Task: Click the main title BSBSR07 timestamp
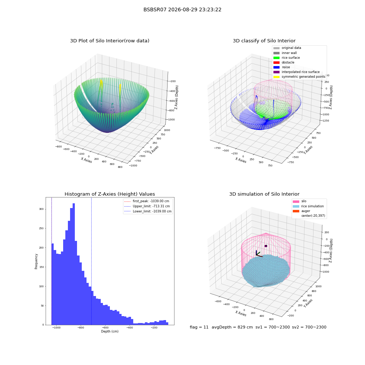182,9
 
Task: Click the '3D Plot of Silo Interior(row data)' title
109,41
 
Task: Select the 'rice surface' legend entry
287,58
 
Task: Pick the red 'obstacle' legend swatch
276,62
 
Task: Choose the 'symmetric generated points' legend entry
299,77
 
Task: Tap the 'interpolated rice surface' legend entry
296,72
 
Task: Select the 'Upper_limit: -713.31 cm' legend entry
147,206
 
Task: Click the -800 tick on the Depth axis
81,327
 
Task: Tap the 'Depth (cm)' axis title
109,331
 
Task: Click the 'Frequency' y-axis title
36,261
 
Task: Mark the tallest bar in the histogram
74,264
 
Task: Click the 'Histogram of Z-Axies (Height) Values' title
109,194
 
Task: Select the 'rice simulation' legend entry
308,206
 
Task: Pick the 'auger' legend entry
301,211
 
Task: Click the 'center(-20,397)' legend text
313,216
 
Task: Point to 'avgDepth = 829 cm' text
232,327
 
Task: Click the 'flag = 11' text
199,327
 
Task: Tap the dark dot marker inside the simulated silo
266,246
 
